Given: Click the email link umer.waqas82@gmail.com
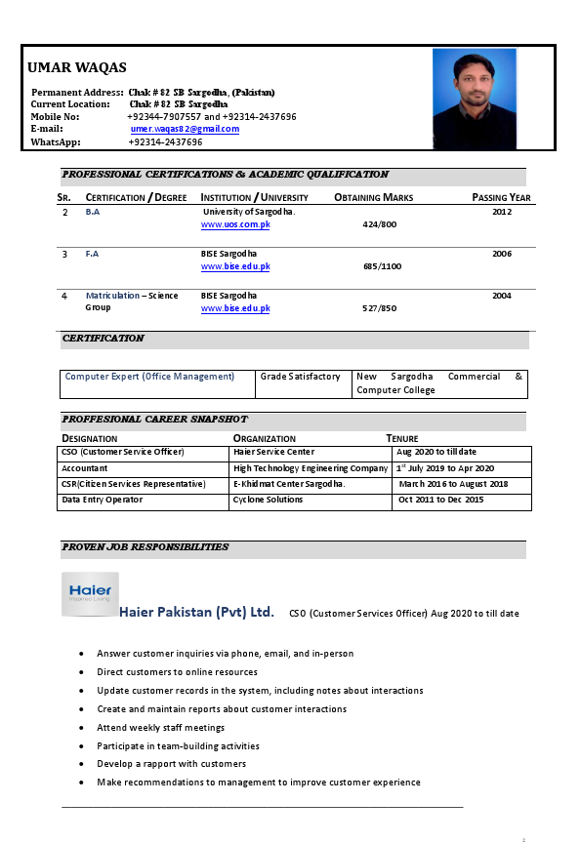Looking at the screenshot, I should coord(185,129).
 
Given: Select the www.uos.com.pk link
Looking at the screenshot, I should coord(235,224).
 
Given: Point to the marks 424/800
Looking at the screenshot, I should coord(379,224).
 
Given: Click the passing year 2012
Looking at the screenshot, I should coord(501,211).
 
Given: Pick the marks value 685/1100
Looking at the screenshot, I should coord(382,266).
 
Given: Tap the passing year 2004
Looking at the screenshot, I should coord(501,295).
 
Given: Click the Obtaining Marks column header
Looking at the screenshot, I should coord(373,197).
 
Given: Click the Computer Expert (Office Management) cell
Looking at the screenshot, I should coord(149,377).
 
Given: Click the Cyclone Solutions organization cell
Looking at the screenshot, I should coord(268,500).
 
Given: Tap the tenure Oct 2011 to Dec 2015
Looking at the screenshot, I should coord(440,500).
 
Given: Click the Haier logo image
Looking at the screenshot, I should coord(90,593).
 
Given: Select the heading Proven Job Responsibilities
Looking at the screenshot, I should coord(145,547).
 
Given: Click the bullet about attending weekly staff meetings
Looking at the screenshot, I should coord(160,728).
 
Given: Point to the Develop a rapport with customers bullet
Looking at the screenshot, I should coord(171,764).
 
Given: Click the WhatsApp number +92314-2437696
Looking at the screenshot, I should coord(165,142).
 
